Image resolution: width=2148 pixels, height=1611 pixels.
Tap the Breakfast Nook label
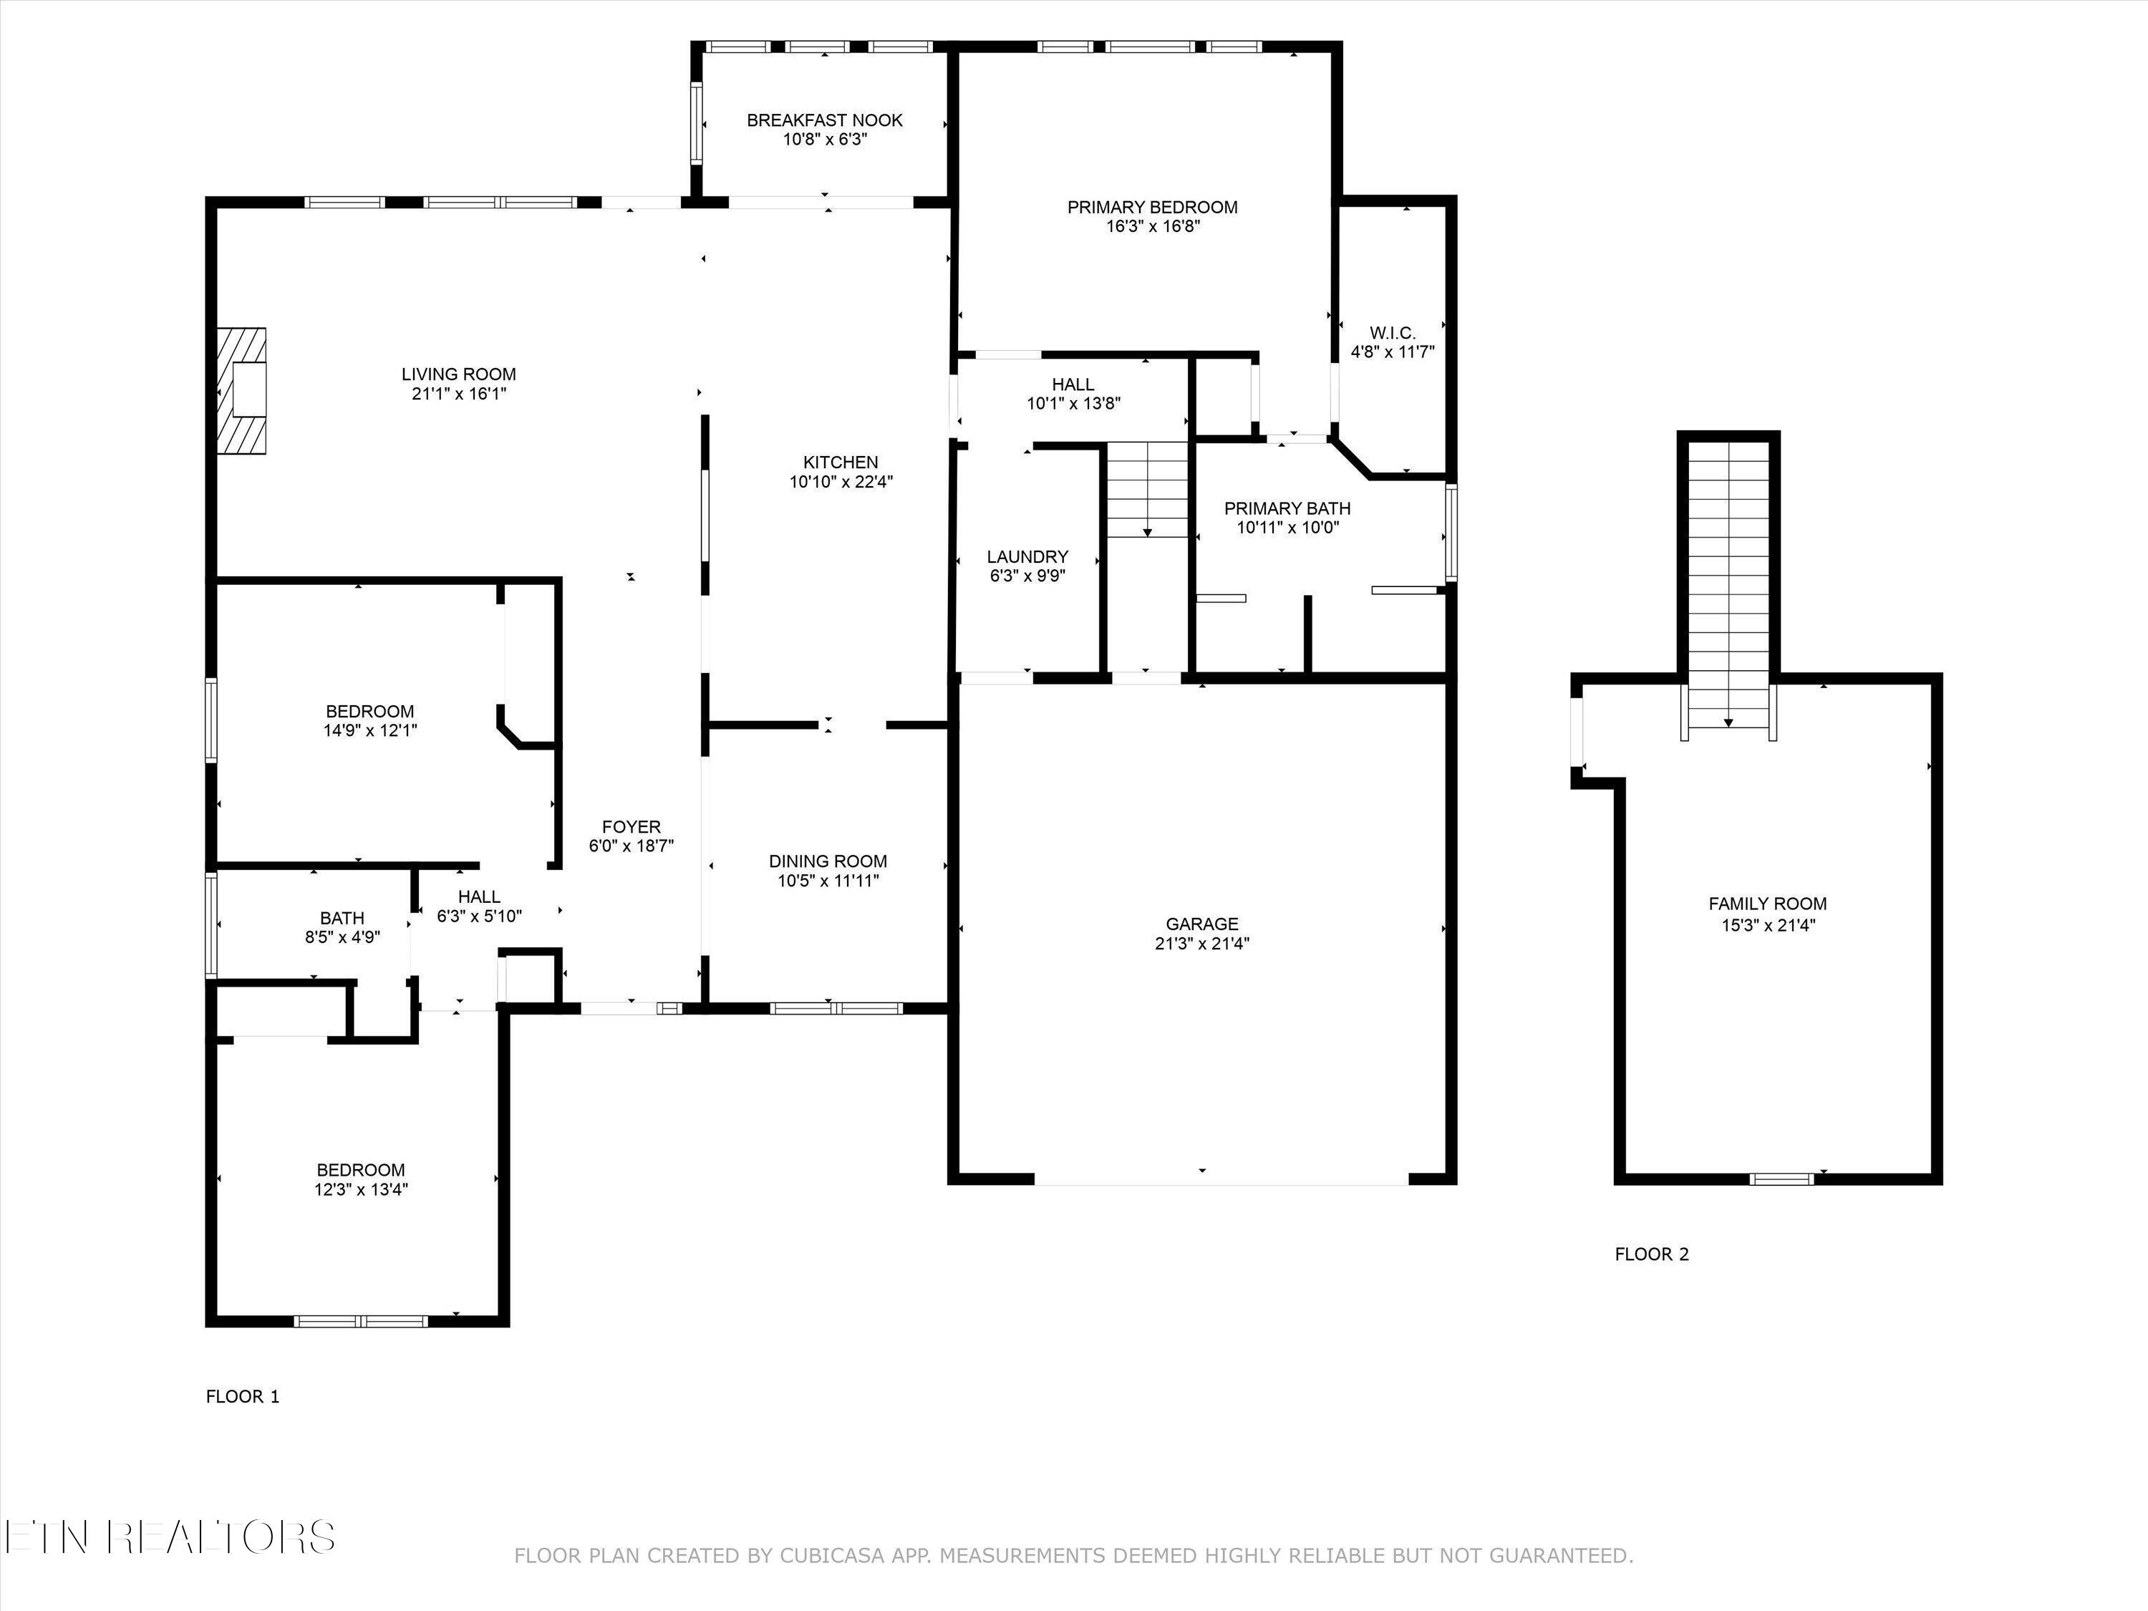pyautogui.click(x=824, y=120)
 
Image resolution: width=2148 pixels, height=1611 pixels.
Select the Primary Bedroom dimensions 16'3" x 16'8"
pyautogui.click(x=1153, y=227)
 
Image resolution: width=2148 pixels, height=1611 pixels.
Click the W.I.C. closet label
pyautogui.click(x=1393, y=333)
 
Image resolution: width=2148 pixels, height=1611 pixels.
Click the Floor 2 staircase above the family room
pyautogui.click(x=1728, y=583)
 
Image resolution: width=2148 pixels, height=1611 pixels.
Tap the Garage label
pyautogui.click(x=1202, y=924)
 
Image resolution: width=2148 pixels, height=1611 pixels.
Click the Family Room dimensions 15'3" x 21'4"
pyautogui.click(x=1767, y=925)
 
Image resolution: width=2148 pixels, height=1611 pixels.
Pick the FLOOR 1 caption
pyautogui.click(x=243, y=1396)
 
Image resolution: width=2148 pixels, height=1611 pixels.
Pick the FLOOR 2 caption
pyautogui.click(x=1652, y=1254)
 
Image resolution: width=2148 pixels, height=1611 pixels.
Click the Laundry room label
pyautogui.click(x=1027, y=556)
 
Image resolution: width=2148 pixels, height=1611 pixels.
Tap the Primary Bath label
pyautogui.click(x=1287, y=508)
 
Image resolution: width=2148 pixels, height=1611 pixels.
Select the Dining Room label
pyautogui.click(x=828, y=861)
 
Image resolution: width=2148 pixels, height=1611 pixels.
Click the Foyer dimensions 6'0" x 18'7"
pyautogui.click(x=632, y=846)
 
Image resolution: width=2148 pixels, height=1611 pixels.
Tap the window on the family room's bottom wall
pyautogui.click(x=1781, y=1179)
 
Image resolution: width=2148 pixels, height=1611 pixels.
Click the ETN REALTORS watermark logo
pyautogui.click(x=170, y=1537)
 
